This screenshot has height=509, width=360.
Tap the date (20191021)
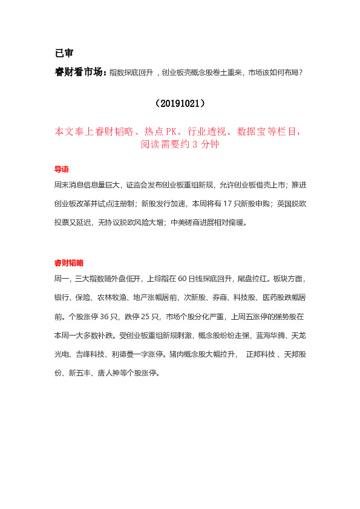coord(180,103)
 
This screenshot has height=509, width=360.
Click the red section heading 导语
coord(62,169)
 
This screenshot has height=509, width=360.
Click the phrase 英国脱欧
coord(292,203)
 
